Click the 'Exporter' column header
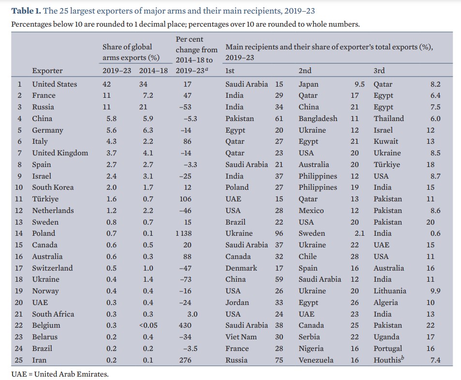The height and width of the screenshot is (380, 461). coord(47,71)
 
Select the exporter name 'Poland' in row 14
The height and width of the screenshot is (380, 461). coord(44,233)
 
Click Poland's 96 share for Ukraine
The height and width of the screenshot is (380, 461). coord(279,233)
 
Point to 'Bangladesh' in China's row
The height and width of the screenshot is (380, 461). coord(318,119)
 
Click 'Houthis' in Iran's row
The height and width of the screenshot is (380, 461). coord(387,360)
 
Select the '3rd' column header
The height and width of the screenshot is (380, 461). coord(379,71)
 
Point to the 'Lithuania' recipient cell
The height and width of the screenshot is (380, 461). coord(389,291)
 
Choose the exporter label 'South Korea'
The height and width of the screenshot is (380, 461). coord(53,187)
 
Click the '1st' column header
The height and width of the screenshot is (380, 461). coord(230,71)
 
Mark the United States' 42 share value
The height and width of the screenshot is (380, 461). coord(107,84)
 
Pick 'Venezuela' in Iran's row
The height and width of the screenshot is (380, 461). coord(316,360)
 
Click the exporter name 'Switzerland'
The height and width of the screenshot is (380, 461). coord(52,268)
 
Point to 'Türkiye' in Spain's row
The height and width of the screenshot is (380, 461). coord(387,165)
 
